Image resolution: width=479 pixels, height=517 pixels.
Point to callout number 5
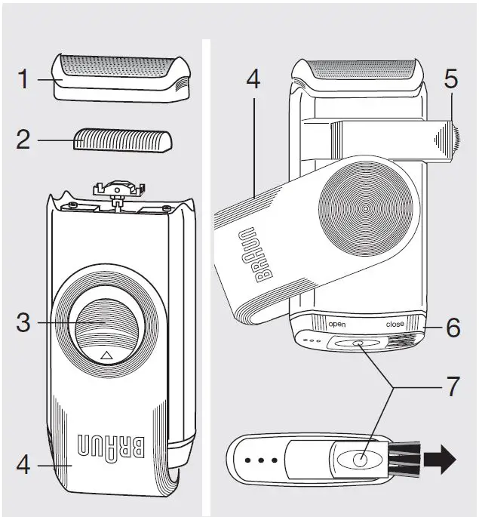450,78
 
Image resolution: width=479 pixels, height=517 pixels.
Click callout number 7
450,388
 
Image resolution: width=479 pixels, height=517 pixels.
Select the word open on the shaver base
336,324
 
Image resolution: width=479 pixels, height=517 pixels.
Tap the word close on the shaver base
395,324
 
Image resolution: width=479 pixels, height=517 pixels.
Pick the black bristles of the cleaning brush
404,460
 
